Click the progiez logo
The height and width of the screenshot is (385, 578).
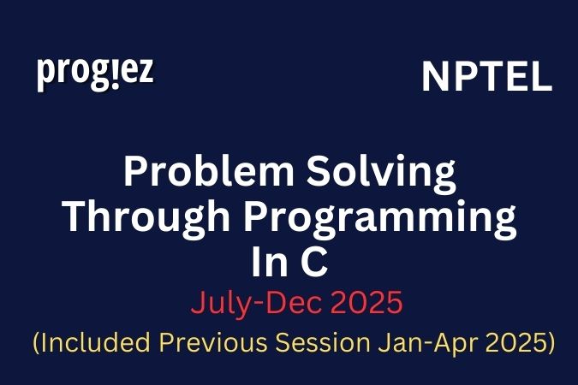[x=95, y=74]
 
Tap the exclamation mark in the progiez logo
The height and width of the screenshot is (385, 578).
[x=108, y=71]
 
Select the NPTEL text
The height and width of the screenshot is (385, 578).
[x=486, y=79]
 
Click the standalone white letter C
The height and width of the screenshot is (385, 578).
[x=313, y=262]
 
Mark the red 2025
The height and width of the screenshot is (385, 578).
[x=354, y=303]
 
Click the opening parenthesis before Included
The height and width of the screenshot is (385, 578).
[x=36, y=344]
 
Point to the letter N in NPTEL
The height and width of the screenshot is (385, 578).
[x=433, y=79]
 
